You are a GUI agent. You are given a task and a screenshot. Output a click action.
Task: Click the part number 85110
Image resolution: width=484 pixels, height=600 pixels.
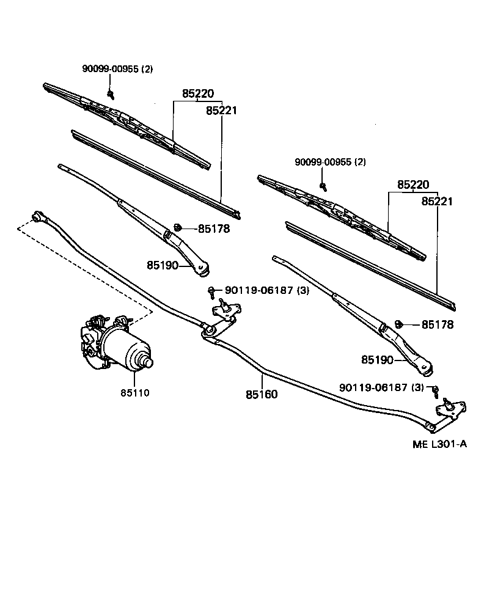pos(134,392)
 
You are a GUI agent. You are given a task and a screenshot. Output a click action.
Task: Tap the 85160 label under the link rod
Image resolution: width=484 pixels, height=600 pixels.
pos(262,395)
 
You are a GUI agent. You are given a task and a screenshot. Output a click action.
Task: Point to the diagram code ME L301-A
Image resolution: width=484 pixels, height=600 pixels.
pos(439,444)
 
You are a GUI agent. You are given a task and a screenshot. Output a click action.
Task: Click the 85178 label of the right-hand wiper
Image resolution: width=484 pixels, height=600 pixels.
pos(436,325)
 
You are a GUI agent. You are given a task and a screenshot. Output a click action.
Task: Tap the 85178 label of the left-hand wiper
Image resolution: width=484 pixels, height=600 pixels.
pos(213,229)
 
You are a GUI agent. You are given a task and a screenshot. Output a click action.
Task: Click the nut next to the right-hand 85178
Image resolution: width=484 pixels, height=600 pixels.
pos(398,323)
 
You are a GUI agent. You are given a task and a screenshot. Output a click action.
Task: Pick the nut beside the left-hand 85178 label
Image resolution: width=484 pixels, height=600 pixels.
pos(177,227)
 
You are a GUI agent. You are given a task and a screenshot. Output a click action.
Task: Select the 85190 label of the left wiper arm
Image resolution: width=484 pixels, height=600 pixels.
pos(163,265)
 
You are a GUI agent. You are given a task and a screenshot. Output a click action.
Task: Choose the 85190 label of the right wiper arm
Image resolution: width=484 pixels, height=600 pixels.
pos(377,360)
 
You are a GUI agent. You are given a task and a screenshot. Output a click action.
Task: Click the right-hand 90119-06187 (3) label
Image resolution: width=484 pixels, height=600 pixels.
pos(382,387)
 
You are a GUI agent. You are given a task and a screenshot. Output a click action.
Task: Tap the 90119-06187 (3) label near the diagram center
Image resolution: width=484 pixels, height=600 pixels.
pos(267,291)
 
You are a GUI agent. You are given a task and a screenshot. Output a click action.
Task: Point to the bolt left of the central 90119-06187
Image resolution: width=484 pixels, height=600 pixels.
pos(211,290)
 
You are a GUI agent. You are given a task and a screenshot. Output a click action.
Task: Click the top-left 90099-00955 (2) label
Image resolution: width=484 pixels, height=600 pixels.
pos(118,69)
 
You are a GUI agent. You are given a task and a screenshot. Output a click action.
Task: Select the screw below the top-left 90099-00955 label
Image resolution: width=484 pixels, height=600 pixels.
pos(111,93)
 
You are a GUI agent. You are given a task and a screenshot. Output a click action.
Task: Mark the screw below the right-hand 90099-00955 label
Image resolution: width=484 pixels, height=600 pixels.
pos(323,185)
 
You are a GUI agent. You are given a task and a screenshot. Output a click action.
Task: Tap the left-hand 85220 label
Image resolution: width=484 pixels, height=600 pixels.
pos(197,94)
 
